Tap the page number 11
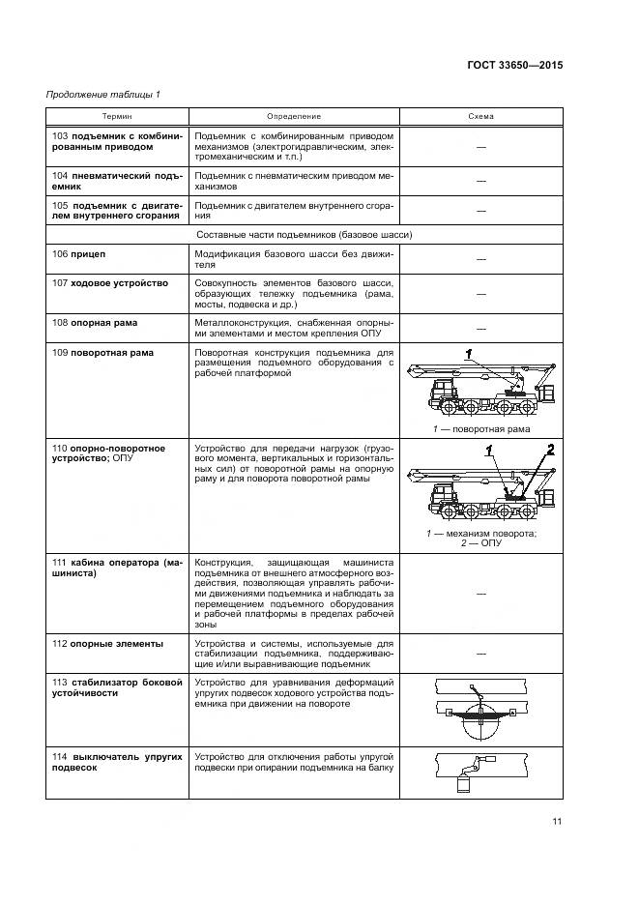coord(557,823)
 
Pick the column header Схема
coord(480,116)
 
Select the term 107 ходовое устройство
coord(110,282)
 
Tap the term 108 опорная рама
coord(96,321)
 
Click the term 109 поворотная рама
coord(102,353)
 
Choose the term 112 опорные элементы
coord(107,644)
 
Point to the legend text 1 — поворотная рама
coord(480,428)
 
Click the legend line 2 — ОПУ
coord(481,543)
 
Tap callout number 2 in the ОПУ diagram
coord(549,448)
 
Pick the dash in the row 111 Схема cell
coord(480,595)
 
